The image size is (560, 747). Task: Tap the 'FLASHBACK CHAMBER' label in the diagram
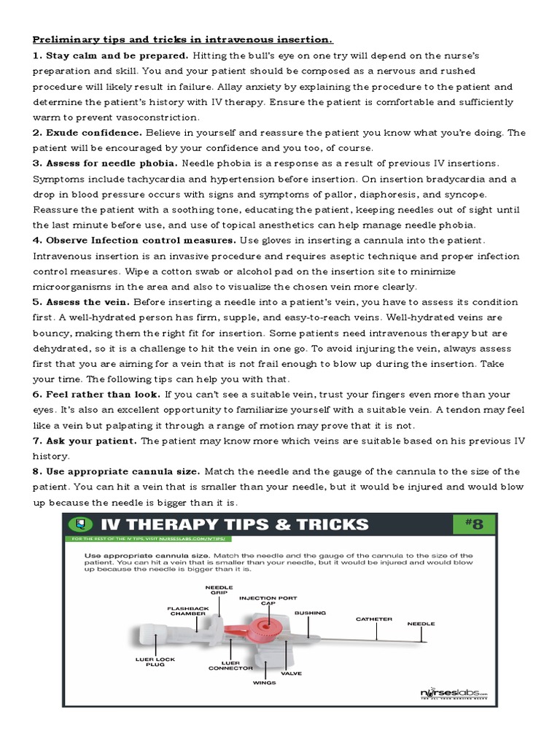(187, 611)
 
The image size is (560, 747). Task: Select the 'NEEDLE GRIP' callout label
(219, 589)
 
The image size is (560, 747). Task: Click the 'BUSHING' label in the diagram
(310, 613)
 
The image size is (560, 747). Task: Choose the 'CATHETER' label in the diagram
(373, 619)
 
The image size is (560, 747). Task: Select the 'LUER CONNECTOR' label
(230, 665)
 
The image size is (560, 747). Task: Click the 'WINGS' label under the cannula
(265, 683)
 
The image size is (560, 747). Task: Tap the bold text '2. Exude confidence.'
(87, 133)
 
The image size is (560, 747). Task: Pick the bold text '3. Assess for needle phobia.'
(106, 163)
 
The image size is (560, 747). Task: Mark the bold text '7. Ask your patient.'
(85, 441)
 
